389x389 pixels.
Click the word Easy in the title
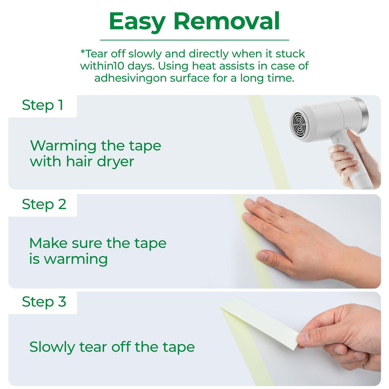click(x=137, y=22)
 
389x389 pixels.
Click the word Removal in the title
click(x=227, y=21)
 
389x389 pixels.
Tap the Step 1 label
click(x=42, y=105)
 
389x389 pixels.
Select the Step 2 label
click(x=44, y=204)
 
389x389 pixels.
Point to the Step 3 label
click(x=44, y=302)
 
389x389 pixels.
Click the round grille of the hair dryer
click(x=299, y=123)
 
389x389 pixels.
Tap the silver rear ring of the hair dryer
click(x=362, y=115)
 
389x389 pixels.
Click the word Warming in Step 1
click(x=63, y=146)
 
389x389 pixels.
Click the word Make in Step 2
click(x=48, y=243)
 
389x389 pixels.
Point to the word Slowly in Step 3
click(x=52, y=347)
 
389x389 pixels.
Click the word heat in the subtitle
click(x=204, y=66)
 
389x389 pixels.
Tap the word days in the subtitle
click(x=140, y=67)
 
